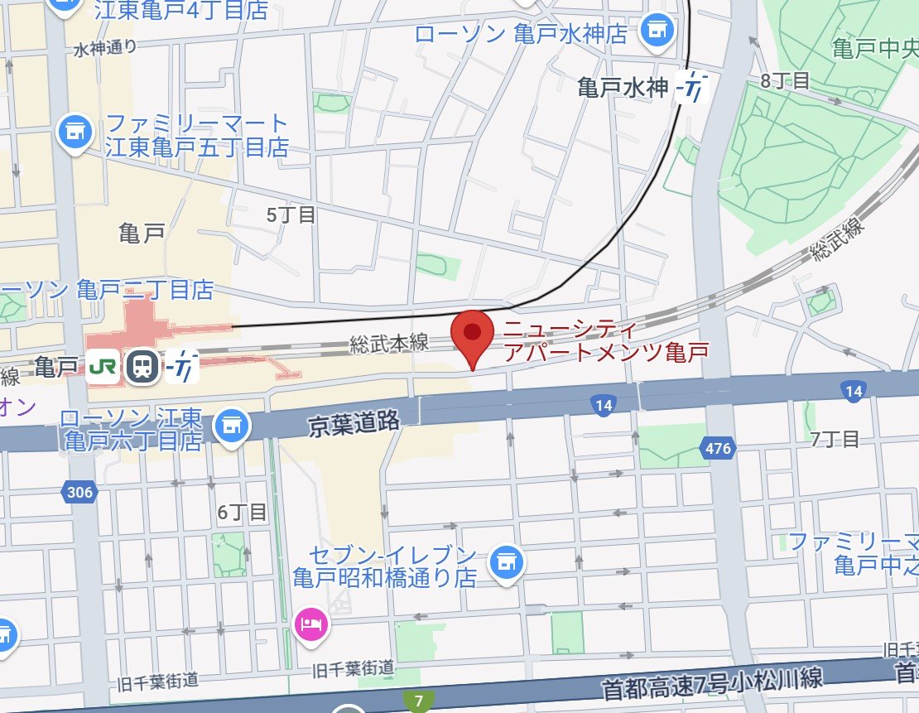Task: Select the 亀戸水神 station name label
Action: [x=622, y=89]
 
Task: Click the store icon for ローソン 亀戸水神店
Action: [x=658, y=32]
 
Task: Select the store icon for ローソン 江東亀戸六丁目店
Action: [x=231, y=426]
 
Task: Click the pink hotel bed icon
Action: [x=311, y=624]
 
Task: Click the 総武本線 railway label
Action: [x=389, y=344]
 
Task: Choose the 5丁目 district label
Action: [x=291, y=215]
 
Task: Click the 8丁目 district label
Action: [x=784, y=80]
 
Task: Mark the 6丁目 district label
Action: [x=242, y=513]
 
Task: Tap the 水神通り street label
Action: [x=105, y=49]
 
